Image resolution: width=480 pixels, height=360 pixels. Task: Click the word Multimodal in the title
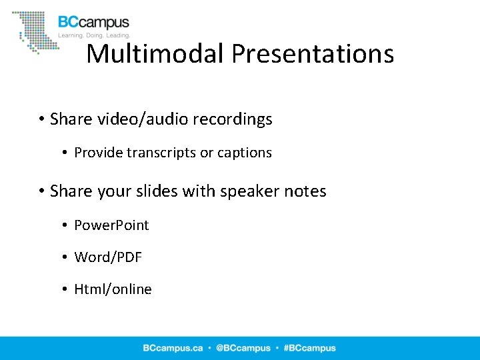point(155,53)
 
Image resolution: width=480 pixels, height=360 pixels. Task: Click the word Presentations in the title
point(313,53)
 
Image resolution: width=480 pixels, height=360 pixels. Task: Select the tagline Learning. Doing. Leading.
point(94,35)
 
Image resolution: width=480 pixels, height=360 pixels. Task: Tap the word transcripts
point(161,153)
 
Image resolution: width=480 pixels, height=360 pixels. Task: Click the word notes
point(304,191)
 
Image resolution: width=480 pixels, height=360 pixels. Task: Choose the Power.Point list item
point(111,225)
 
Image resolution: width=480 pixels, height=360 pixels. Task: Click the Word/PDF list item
point(108,257)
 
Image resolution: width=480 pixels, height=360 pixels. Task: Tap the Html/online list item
point(113,289)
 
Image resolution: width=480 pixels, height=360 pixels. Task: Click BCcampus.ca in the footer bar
point(172,348)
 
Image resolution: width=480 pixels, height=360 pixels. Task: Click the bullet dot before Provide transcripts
point(65,153)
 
